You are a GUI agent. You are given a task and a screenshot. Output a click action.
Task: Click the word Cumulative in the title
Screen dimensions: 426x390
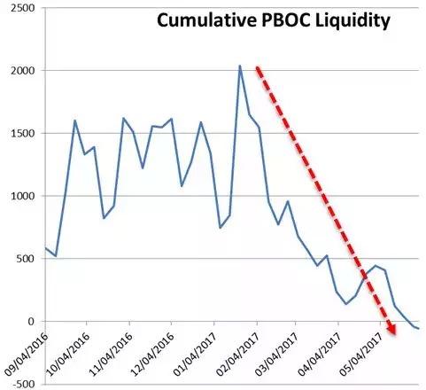[206, 20]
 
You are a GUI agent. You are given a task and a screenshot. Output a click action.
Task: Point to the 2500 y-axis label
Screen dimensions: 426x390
[22, 8]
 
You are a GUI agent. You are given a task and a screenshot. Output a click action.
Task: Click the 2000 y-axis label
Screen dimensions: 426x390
[22, 71]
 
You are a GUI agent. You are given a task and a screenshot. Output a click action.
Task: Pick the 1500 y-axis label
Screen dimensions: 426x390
[22, 133]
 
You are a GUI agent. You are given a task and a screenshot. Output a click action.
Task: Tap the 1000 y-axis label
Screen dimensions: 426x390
[22, 196]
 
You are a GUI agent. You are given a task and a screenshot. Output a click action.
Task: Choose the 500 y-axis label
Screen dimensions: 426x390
[26, 259]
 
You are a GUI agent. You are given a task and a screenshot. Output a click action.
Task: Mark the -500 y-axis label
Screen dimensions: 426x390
[24, 384]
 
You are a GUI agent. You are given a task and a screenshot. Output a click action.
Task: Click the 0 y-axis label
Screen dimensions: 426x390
[32, 321]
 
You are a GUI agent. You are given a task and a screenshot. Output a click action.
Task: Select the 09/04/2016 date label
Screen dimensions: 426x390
[26, 355]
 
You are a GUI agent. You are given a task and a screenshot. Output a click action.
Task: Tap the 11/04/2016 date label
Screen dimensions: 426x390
[111, 355]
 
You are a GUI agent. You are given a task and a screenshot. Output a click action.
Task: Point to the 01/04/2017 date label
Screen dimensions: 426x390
[195, 355]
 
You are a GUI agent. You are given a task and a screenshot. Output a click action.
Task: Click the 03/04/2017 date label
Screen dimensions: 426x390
[277, 355]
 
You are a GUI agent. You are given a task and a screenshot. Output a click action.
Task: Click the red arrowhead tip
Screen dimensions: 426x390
[395, 335]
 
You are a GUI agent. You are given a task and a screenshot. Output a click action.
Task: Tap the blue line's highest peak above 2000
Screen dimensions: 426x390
[240, 66]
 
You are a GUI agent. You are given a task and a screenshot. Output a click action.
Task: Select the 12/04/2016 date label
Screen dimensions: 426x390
[152, 355]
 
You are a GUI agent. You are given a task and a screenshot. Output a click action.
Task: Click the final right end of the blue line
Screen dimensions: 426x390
[419, 329]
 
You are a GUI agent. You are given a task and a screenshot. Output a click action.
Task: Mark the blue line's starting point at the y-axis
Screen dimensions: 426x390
[46, 248]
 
